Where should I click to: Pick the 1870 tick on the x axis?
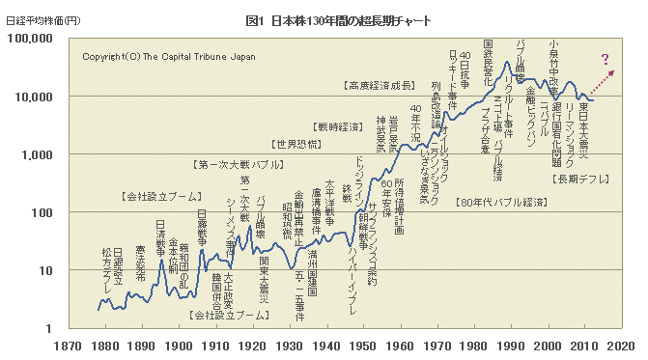coord(68,343)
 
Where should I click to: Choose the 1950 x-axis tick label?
coord(363,343)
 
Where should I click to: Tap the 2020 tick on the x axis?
coord(621,343)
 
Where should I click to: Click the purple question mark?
coord(606,60)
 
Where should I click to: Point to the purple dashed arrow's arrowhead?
coord(610,73)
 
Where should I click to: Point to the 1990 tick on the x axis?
coord(511,343)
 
